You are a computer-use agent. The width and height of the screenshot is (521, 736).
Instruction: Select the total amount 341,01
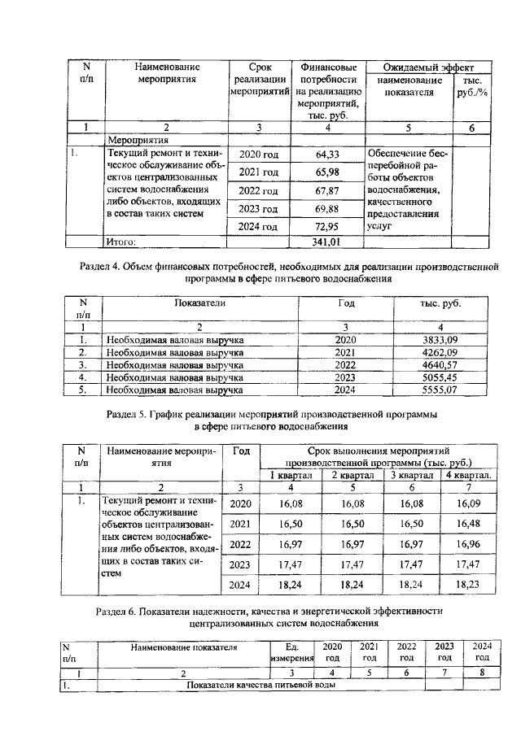click(x=326, y=242)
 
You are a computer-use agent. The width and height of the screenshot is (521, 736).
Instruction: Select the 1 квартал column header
click(x=291, y=475)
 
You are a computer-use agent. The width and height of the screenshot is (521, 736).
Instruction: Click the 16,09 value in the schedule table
click(x=468, y=504)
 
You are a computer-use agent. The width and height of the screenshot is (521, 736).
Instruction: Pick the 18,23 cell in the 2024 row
click(x=468, y=584)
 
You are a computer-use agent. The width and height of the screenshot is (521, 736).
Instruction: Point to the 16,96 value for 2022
click(x=468, y=544)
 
